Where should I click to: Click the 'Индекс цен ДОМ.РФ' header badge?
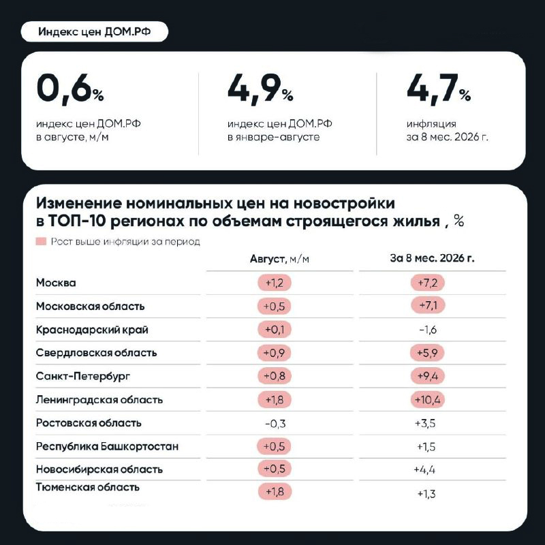[95, 31]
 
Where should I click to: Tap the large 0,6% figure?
[70, 89]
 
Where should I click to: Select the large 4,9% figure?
[260, 89]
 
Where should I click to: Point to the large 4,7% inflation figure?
[439, 89]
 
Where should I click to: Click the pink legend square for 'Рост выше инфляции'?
[41, 241]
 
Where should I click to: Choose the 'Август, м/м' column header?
[279, 259]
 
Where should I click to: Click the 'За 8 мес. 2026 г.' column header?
[432, 258]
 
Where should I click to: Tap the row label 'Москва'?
[56, 283]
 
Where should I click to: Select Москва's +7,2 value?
[428, 283]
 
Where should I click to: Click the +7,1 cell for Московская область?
[428, 305]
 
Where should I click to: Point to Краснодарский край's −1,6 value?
[428, 330]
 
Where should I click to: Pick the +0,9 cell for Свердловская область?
[275, 353]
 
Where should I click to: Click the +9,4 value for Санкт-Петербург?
[428, 376]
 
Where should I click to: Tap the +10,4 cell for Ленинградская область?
[428, 400]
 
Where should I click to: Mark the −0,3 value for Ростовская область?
[275, 424]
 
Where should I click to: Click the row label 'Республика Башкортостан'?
[107, 446]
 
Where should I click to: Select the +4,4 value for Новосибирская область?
[424, 469]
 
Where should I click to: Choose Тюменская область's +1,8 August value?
[275, 491]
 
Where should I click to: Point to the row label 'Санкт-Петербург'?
[83, 376]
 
